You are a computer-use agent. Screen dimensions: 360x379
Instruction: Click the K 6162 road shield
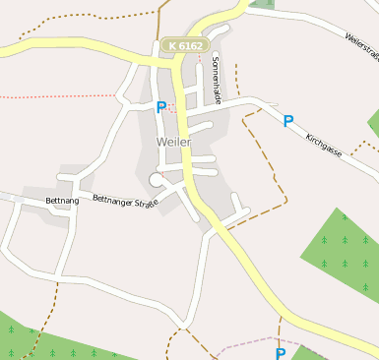point(184,45)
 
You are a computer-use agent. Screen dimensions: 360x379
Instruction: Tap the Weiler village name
point(173,142)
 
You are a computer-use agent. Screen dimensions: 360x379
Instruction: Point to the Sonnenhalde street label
point(216,75)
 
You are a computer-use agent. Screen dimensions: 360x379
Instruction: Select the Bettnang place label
point(62,201)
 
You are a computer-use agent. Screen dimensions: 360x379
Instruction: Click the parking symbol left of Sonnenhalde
point(160,107)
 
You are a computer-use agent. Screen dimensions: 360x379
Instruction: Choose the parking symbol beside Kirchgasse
point(288,121)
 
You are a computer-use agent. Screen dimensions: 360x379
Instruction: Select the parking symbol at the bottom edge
point(281,353)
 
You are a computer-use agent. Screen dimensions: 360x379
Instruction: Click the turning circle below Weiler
point(156,178)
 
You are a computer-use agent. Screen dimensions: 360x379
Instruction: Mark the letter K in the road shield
point(172,45)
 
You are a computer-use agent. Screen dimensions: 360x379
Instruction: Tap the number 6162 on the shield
point(190,45)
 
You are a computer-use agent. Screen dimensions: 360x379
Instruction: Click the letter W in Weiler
point(160,142)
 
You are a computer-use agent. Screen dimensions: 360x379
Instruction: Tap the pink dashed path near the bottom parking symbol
point(246,344)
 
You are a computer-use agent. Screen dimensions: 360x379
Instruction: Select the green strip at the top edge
point(262,4)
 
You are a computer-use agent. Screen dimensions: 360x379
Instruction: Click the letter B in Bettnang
point(48,201)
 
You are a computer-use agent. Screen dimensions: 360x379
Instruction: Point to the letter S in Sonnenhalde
point(215,58)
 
